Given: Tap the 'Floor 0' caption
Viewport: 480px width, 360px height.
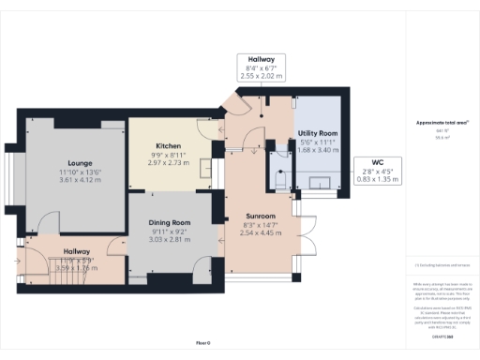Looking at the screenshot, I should pyautogui.click(x=202, y=344).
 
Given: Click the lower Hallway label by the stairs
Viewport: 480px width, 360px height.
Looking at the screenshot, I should pyautogui.click(x=77, y=251).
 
